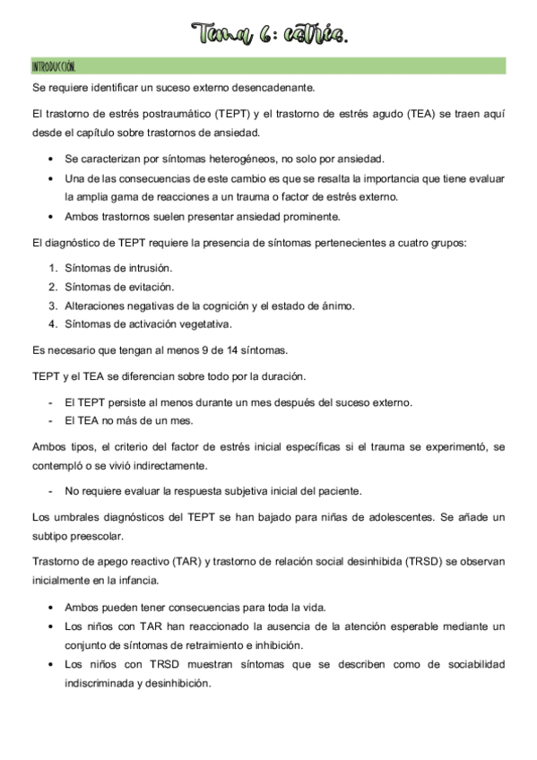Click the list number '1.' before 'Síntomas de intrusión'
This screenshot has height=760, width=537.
53,268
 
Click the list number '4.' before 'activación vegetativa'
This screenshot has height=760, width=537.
53,324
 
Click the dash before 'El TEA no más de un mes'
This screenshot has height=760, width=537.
50,420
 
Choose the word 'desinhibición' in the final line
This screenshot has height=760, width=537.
178,683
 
